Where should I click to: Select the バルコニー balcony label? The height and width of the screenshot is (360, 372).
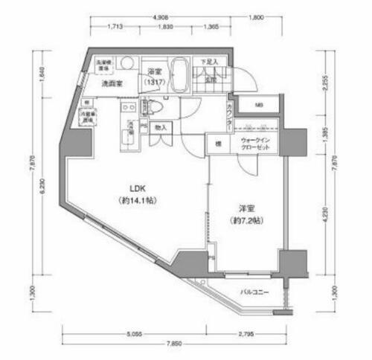[254, 292]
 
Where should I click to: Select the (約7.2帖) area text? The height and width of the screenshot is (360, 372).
[246, 221]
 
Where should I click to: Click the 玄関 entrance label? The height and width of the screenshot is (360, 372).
[211, 78]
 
